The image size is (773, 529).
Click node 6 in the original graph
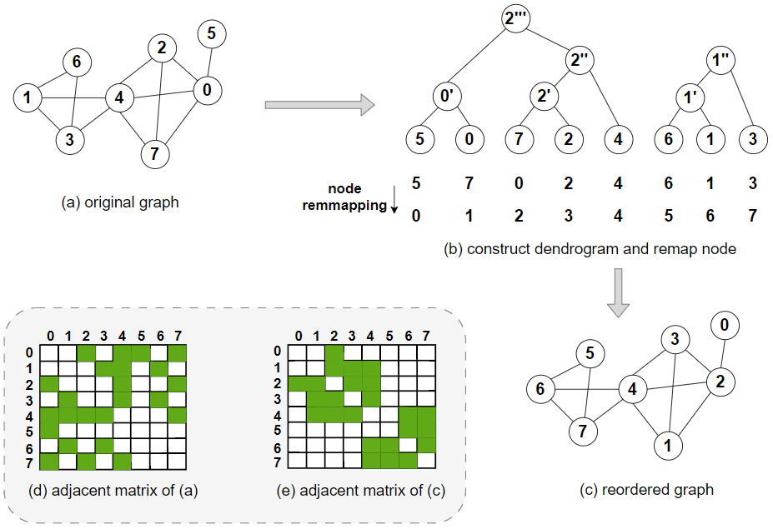(x=77, y=61)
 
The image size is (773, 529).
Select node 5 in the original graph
(x=211, y=34)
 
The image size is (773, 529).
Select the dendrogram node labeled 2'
(x=546, y=97)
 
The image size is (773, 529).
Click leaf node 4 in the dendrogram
(x=618, y=139)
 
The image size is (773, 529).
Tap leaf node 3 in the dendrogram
(x=753, y=139)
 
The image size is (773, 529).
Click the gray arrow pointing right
(x=318, y=105)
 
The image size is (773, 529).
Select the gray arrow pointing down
(x=617, y=292)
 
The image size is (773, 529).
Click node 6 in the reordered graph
(x=540, y=389)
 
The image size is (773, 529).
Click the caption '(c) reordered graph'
(x=646, y=489)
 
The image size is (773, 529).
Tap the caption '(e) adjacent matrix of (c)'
(x=360, y=491)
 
